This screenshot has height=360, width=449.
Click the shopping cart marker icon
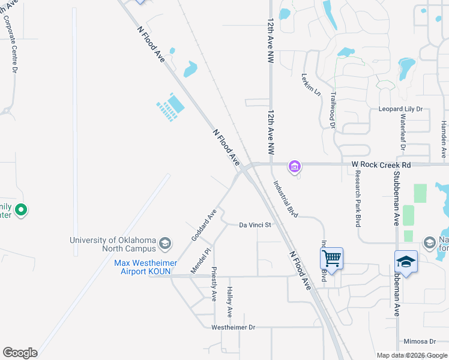point(331,259)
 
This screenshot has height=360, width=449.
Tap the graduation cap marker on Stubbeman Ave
point(406,262)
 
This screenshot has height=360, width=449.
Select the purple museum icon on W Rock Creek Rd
point(294,166)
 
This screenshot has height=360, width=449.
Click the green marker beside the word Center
point(20,210)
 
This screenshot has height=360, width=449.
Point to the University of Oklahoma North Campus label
point(113,244)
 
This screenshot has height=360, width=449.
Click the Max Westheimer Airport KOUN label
point(139,267)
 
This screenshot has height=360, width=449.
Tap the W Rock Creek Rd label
point(381,164)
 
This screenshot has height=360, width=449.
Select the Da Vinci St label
point(256,225)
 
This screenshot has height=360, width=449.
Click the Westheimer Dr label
point(234,328)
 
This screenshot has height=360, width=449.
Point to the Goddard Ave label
point(203,226)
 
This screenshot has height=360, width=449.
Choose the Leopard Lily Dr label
point(400,109)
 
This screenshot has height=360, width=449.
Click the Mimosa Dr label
point(418,341)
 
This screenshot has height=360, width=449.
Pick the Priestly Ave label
point(214,284)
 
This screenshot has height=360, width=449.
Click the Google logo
point(20,353)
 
